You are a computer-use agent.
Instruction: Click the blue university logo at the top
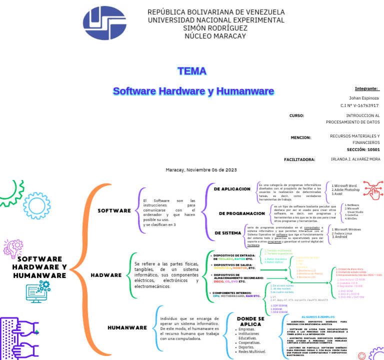coord(104,23)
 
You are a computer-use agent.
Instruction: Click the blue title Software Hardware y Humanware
coord(193,91)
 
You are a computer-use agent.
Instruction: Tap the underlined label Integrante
coord(366,88)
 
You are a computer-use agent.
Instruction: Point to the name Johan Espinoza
coord(364,98)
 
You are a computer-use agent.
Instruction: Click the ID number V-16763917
coord(359,106)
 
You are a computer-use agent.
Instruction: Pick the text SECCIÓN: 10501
coord(363,149)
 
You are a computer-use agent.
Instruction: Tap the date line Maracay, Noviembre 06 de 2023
coord(201,170)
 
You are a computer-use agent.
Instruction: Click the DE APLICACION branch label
coord(232,189)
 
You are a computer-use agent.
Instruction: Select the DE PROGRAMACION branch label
coord(241,213)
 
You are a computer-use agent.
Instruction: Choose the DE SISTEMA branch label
coord(227,233)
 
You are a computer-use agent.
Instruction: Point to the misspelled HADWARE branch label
coord(106,274)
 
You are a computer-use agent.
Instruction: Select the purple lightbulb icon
coord(12,248)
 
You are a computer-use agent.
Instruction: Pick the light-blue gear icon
coord(36,205)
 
